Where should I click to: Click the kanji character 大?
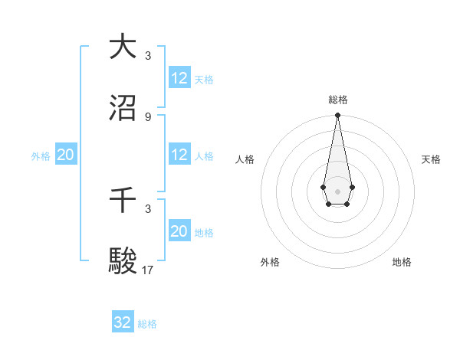(x=123, y=47)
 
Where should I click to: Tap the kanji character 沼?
(x=123, y=109)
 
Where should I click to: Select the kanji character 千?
(x=123, y=201)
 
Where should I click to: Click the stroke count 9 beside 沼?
(x=147, y=116)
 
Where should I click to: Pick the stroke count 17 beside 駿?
(x=149, y=270)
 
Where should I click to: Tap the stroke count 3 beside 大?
(x=147, y=55)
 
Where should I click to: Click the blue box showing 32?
(x=123, y=322)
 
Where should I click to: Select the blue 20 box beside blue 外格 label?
(x=65, y=155)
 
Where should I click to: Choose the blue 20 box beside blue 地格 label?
(x=179, y=231)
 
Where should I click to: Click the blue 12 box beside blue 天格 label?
(x=179, y=78)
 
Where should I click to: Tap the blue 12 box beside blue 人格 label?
(x=179, y=155)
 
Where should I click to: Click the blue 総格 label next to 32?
(x=147, y=324)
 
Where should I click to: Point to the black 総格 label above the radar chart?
(x=337, y=100)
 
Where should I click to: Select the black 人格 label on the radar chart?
(x=245, y=159)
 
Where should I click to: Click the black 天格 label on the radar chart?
(x=431, y=159)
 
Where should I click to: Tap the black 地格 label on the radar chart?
(x=402, y=262)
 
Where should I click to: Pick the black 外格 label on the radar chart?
(x=270, y=262)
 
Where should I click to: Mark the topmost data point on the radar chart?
(x=337, y=115)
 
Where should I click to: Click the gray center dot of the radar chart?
(x=337, y=190)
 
